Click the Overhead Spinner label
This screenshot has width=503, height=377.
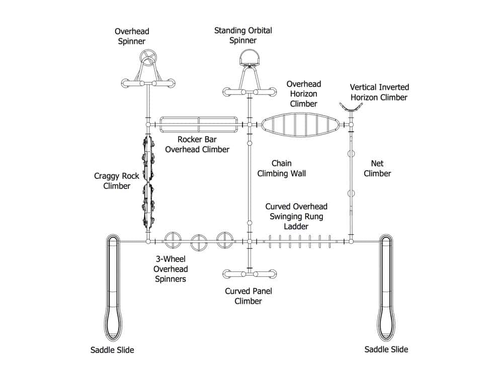[131, 36]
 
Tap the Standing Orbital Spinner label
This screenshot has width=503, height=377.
[243, 35]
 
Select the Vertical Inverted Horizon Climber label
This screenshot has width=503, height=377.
[379, 92]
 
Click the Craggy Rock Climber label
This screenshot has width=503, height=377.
[112, 181]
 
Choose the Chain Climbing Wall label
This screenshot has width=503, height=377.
[282, 168]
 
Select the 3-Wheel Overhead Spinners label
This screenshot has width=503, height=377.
[171, 269]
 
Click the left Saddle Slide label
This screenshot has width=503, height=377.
[112, 349]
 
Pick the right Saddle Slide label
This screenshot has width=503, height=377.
[386, 349]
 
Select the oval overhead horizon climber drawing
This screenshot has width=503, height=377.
[300, 124]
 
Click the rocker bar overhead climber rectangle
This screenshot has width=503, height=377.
[199, 124]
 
